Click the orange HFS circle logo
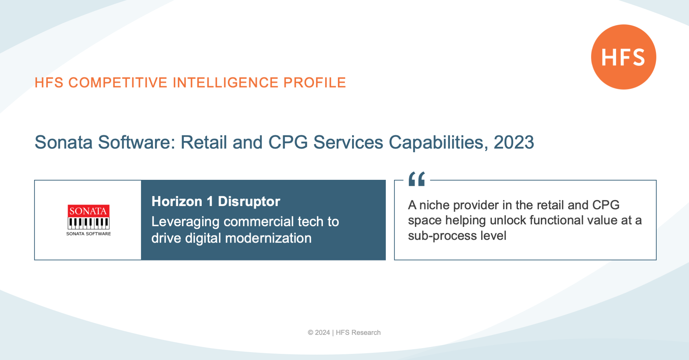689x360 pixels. pos(624,57)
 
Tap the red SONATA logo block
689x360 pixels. pos(88,211)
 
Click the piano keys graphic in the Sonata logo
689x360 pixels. pos(88,223)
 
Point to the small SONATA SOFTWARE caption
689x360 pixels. pos(89,234)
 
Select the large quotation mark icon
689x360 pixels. pos(417,179)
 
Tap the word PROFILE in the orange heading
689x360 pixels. pos(315,83)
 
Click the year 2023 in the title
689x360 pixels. pos(514,142)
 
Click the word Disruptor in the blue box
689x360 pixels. pos(249,201)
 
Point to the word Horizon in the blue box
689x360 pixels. pos(177,201)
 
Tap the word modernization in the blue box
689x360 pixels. pos(268,238)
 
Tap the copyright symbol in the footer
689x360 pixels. pos(310,333)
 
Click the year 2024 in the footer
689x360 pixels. pos(323,333)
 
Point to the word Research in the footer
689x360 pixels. pos(366,333)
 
